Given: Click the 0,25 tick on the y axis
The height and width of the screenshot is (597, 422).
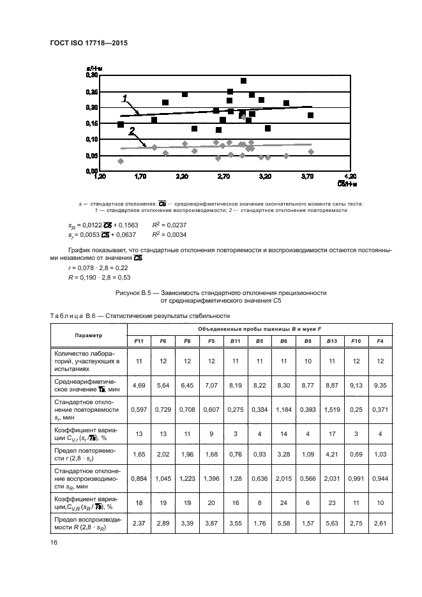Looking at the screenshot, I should click(91, 91).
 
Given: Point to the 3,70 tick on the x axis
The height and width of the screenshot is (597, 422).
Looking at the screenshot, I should click(307, 176).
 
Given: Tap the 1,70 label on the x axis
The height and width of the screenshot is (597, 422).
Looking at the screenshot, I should click(140, 176).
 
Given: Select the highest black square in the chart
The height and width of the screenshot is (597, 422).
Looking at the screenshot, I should click(243, 81).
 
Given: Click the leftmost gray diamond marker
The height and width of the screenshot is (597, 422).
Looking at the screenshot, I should click(121, 161).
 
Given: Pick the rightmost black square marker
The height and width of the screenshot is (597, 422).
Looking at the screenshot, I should click(310, 116).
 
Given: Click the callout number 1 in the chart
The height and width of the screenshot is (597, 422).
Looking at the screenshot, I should click(125, 98).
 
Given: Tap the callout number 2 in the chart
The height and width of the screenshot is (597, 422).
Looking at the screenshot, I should click(132, 131).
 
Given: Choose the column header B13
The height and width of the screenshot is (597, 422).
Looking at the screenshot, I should click(332, 342).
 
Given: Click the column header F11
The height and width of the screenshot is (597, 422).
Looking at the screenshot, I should click(139, 342).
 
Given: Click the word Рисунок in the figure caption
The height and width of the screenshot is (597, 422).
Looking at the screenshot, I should click(129, 292).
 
